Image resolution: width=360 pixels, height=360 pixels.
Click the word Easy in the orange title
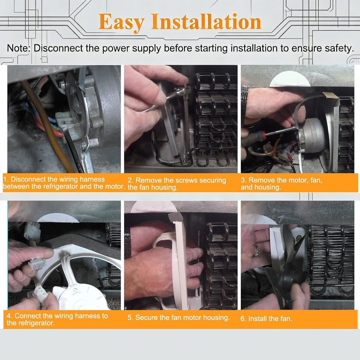coord(121,22)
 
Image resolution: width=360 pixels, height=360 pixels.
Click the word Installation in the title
coord(206,22)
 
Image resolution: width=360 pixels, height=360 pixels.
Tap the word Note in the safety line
coord(18,48)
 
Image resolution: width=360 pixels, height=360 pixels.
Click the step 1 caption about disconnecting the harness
coord(64,183)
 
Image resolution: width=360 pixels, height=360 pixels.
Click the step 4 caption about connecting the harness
coord(57,319)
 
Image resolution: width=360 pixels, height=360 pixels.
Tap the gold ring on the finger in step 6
coord(256,250)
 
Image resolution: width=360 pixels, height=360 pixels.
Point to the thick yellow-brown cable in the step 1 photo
coord(49,129)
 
